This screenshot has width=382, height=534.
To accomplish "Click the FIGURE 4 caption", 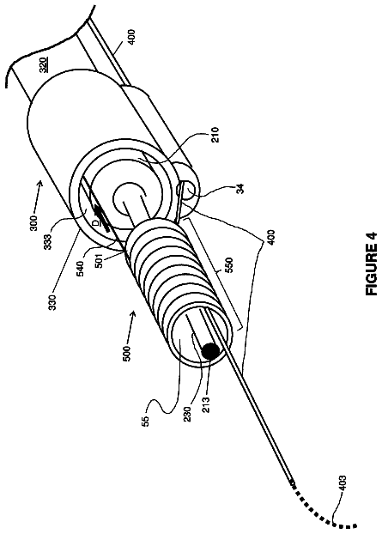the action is (x=371, y=264).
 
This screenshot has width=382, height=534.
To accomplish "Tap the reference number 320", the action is (x=43, y=64).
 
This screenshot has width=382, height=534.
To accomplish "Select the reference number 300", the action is (x=34, y=223).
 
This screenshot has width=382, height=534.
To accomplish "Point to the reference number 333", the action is (x=48, y=242).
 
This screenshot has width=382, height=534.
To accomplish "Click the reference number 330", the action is (x=52, y=302).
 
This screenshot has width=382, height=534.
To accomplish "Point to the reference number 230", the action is (x=188, y=414).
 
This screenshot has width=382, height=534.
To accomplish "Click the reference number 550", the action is (x=229, y=265).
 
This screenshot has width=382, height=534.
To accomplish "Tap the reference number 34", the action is (x=240, y=188).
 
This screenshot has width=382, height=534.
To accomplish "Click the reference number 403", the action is (x=343, y=483).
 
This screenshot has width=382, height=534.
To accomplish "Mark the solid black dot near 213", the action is (x=211, y=351).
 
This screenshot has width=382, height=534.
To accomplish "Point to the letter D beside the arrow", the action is (x=96, y=223).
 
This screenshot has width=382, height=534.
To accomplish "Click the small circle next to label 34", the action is (x=188, y=187).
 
